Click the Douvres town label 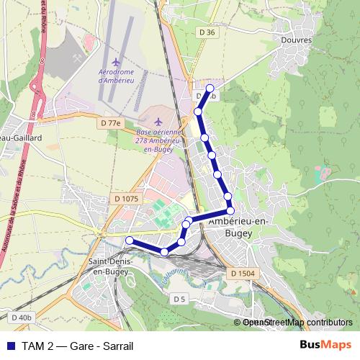[297, 41]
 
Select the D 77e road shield [111, 123]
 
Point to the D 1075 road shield [125, 198]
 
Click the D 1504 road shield [243, 274]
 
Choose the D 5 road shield [179, 298]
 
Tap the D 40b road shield [22, 317]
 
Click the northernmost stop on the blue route [210, 89]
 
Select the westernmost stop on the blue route [130, 240]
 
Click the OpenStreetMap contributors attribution [293, 322]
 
